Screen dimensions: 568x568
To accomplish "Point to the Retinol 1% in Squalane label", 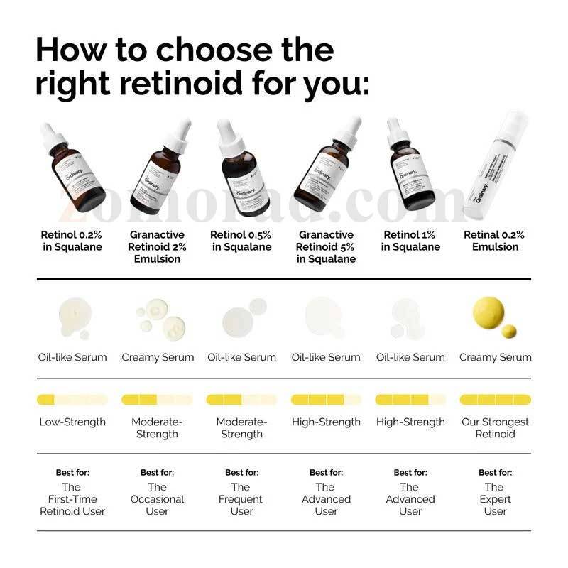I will click(410, 241).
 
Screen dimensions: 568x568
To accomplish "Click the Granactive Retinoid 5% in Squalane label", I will click(327, 246).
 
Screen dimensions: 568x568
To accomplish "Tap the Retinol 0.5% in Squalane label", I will click(241, 241).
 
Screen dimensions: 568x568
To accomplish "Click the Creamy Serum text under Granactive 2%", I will click(158, 357).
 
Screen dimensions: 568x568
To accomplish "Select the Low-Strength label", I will click(72, 422).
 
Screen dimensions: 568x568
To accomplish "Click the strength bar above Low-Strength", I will click(72, 400).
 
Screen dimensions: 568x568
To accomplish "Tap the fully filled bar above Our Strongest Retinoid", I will click(495, 400).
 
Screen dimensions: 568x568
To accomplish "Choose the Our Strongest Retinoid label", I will click(495, 427).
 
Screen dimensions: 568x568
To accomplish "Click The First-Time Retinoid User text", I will click(72, 499).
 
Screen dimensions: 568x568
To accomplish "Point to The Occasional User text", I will click(158, 499).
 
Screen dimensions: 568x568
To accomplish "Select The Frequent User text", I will click(241, 499).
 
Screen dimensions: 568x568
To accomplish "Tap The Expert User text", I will click(495, 499).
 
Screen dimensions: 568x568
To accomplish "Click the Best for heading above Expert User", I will click(495, 472).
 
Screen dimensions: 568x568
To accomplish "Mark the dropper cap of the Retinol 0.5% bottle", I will click(229, 135).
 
